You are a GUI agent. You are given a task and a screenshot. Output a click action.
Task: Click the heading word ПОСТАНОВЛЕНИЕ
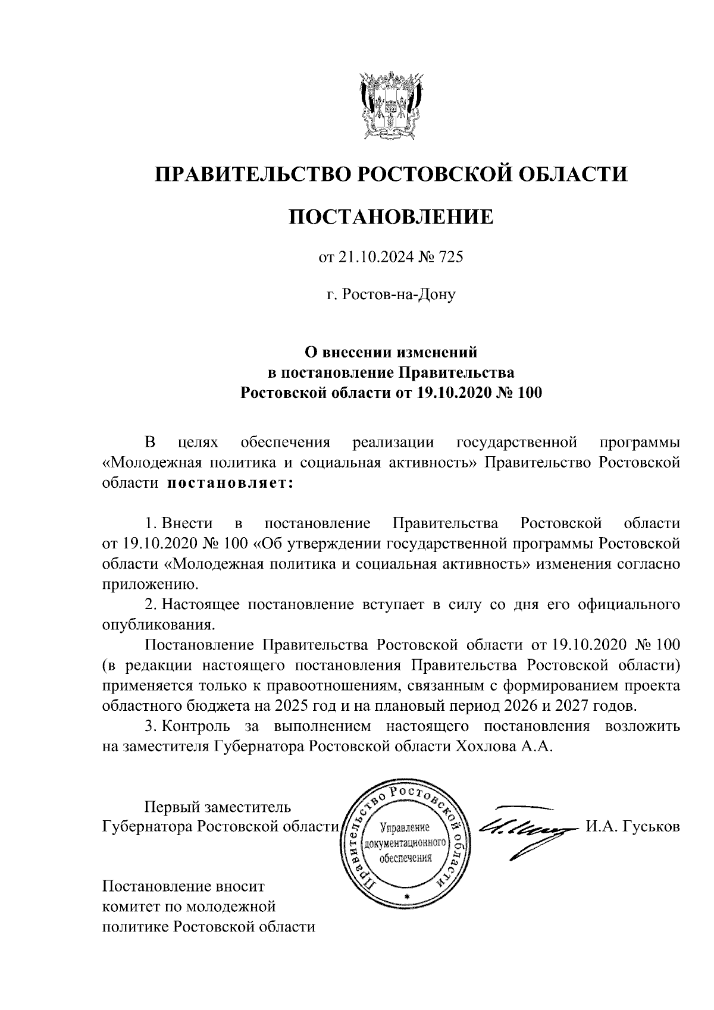tap(391, 217)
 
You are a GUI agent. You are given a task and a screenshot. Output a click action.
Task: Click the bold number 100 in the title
tap(529, 393)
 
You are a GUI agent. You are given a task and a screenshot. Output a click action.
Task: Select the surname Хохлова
tap(487, 746)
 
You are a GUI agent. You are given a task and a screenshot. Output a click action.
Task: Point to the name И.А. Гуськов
tap(632, 827)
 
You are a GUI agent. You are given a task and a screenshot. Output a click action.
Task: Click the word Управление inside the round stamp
tap(404, 828)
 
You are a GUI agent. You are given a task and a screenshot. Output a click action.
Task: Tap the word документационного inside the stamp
tap(405, 843)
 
